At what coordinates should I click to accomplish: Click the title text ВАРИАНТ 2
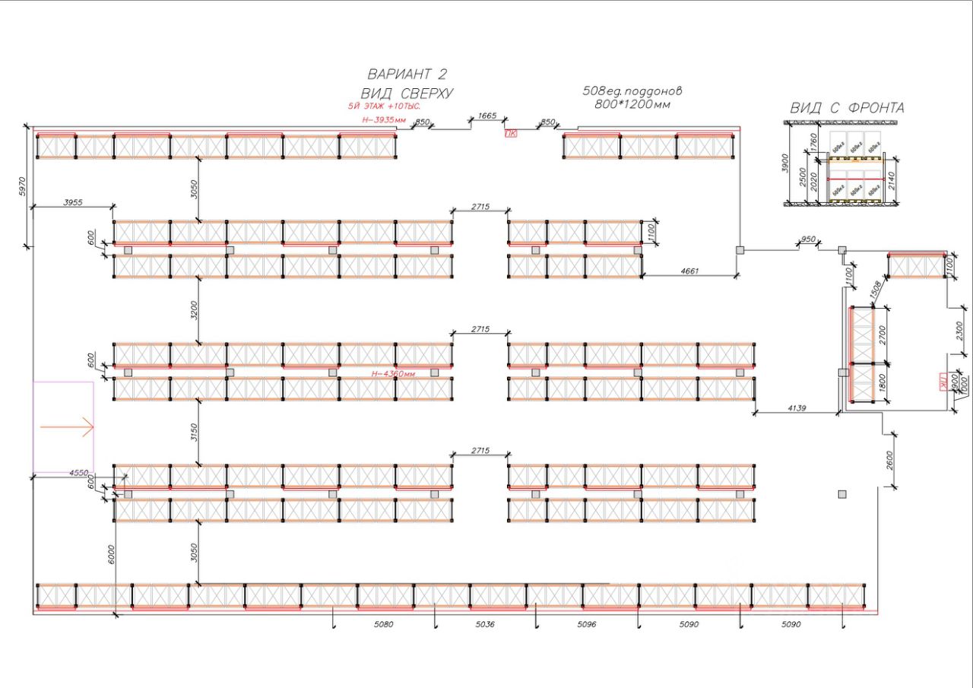[407, 74]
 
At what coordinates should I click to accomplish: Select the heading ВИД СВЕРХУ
[407, 94]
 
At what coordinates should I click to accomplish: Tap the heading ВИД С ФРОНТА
[847, 108]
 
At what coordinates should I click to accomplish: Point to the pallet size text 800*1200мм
[632, 104]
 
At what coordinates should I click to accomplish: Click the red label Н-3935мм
[383, 120]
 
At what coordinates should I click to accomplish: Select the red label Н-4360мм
[393, 374]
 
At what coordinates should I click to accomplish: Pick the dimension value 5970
[21, 187]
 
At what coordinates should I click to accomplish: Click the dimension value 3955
[73, 202]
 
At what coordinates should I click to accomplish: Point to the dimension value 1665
[486, 116]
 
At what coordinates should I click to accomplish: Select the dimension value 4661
[689, 271]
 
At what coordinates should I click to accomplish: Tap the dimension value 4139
[797, 409]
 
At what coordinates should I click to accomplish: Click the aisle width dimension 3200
[194, 311]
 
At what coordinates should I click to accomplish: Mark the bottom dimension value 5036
[485, 624]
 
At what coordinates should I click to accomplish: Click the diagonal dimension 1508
[874, 290]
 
